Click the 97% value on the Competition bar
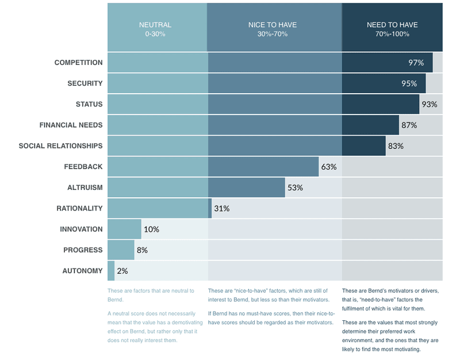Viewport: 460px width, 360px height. (416, 63)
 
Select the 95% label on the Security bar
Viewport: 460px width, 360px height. (409, 83)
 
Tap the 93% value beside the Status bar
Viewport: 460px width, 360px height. (430, 104)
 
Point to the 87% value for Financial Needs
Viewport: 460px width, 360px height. (409, 125)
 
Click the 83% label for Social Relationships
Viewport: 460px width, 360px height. (396, 146)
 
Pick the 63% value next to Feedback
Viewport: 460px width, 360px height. (329, 167)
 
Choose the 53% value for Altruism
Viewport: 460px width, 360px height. (295, 187)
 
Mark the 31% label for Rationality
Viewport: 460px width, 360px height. (222, 208)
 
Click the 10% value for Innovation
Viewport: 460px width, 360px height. (151, 229)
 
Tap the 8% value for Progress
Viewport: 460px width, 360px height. (142, 250)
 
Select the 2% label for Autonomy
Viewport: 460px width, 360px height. (122, 271)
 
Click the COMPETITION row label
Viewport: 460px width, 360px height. (78, 63)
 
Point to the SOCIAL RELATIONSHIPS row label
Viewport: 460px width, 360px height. (60, 146)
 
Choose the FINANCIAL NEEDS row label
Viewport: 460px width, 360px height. (71, 125)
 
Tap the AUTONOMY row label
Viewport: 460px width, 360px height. (82, 271)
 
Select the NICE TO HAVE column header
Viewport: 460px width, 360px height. (274, 29)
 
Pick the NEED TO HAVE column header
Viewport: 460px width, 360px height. (392, 29)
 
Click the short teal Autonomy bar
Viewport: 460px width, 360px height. (111, 271)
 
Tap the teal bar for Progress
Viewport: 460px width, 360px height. (121, 250)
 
